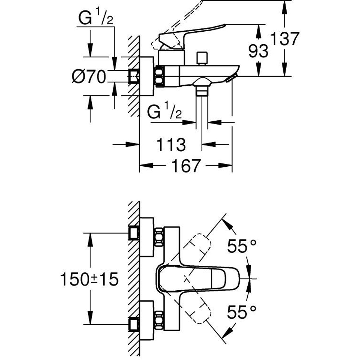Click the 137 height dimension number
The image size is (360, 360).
[x=285, y=39]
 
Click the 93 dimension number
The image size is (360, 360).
[x=258, y=51]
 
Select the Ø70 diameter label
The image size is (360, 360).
[x=89, y=77]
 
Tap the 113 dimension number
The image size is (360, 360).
[x=171, y=144]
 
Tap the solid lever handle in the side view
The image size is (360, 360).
[x=191, y=34]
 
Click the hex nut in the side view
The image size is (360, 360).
[x=160, y=76]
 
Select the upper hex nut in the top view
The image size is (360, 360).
[x=159, y=237]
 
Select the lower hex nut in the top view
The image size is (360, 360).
[x=159, y=320]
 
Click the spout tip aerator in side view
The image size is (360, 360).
[x=230, y=78]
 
